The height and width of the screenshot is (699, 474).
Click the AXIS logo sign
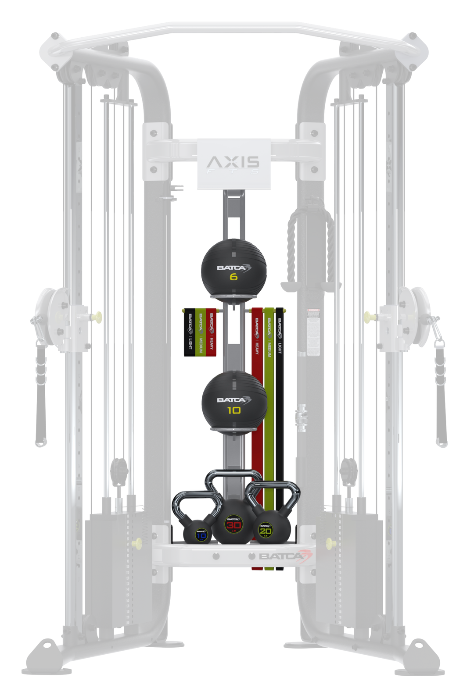pyautogui.click(x=233, y=164)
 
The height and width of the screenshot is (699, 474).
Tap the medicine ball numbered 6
pyautogui.click(x=233, y=267)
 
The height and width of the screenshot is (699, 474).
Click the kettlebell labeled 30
pyautogui.click(x=233, y=525)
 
